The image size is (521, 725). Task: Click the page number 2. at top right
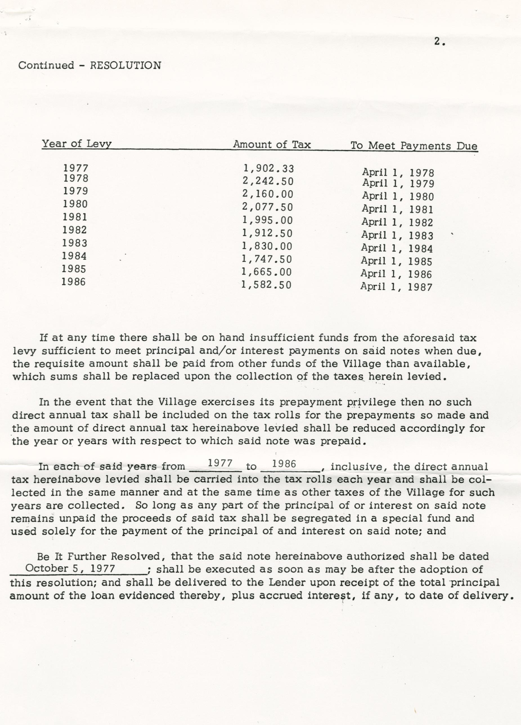439,42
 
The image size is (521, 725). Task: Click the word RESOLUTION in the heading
125,66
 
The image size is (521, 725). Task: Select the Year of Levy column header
77,144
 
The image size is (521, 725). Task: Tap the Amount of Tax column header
271,144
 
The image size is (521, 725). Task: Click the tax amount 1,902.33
268,168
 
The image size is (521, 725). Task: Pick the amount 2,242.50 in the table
268,181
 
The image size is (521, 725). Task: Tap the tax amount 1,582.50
266,284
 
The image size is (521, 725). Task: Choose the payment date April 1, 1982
397,222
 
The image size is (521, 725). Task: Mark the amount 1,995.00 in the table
267,220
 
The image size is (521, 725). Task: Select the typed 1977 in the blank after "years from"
220,463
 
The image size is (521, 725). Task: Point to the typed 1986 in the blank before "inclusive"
283,463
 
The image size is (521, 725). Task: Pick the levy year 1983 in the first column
75,243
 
